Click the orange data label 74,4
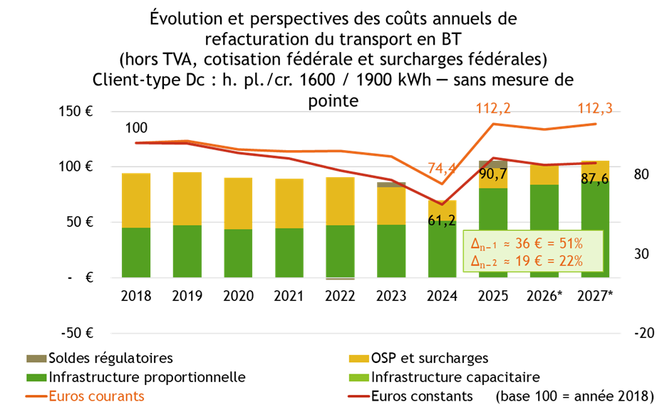(x=442, y=168)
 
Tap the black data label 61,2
(x=442, y=221)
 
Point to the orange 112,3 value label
(x=596, y=109)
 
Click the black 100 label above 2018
(x=136, y=129)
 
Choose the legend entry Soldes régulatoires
(x=110, y=358)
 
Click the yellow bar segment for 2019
(x=187, y=199)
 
